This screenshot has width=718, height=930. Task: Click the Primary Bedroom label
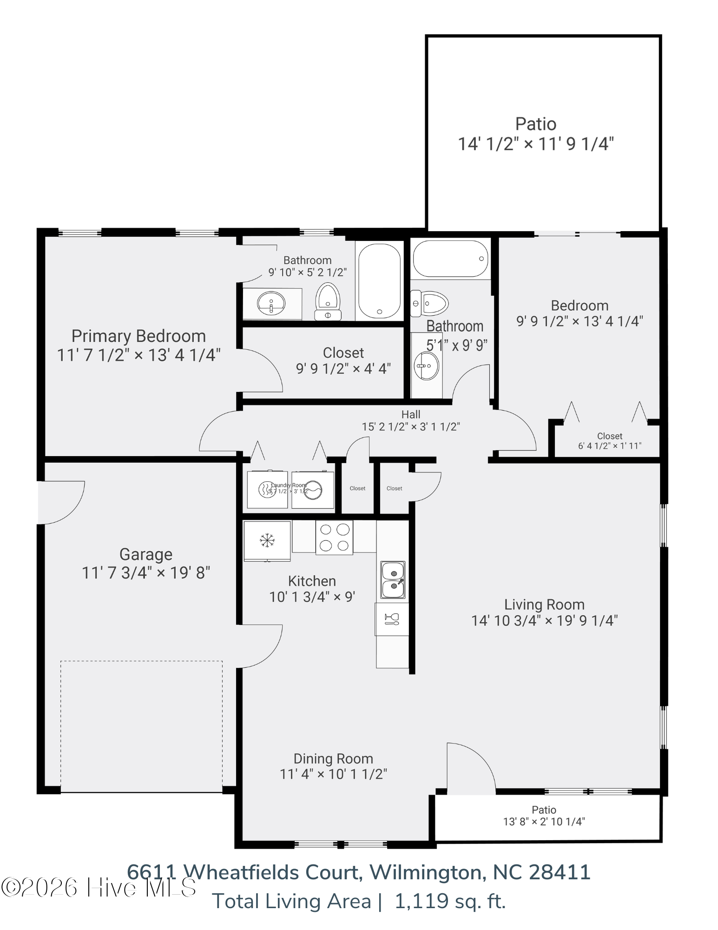tap(138, 336)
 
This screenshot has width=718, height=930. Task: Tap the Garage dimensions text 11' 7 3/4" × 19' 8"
tap(146, 572)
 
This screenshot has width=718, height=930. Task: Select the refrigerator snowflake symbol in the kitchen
tap(267, 540)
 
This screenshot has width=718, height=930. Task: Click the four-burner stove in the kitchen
tap(334, 538)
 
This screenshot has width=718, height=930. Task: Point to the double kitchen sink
tap(393, 580)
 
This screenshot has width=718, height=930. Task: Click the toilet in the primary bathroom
tap(328, 301)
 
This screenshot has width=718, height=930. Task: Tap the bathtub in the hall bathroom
tap(450, 259)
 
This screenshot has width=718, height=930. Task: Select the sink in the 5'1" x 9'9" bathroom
tap(426, 366)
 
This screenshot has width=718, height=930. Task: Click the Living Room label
tap(544, 604)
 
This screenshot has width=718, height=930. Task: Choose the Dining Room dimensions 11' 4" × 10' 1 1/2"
tap(333, 774)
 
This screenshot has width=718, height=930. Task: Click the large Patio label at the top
tap(535, 124)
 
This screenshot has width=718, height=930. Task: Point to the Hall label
tap(411, 414)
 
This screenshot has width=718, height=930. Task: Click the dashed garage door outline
tap(141, 725)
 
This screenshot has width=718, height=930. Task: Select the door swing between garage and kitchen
tap(260, 646)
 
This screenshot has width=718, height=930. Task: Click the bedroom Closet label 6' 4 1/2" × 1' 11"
tap(609, 441)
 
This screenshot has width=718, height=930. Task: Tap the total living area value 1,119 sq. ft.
tap(449, 901)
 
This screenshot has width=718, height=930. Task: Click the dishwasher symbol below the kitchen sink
tap(392, 619)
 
